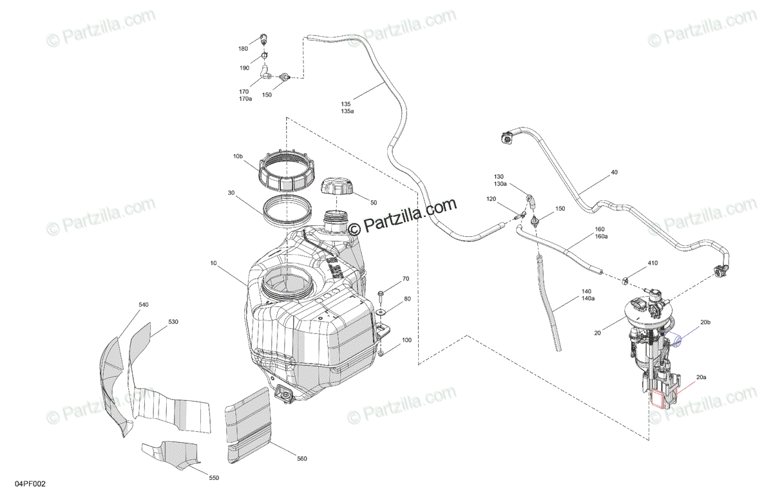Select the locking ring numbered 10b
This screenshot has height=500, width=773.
(x=287, y=170)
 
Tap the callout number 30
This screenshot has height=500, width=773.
(x=231, y=192)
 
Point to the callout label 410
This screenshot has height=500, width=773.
(x=635, y=263)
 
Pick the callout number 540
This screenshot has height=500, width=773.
(x=143, y=304)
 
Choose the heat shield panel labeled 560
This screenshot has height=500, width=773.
(x=250, y=424)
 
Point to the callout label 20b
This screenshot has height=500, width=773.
(x=705, y=321)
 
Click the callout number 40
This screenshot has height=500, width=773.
(x=614, y=172)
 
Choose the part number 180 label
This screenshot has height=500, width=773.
(x=243, y=49)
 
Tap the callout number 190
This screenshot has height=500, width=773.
(x=245, y=68)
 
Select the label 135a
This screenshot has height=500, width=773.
(x=347, y=111)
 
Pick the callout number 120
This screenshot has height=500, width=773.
(x=491, y=199)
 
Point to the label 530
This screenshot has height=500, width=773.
(x=173, y=322)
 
